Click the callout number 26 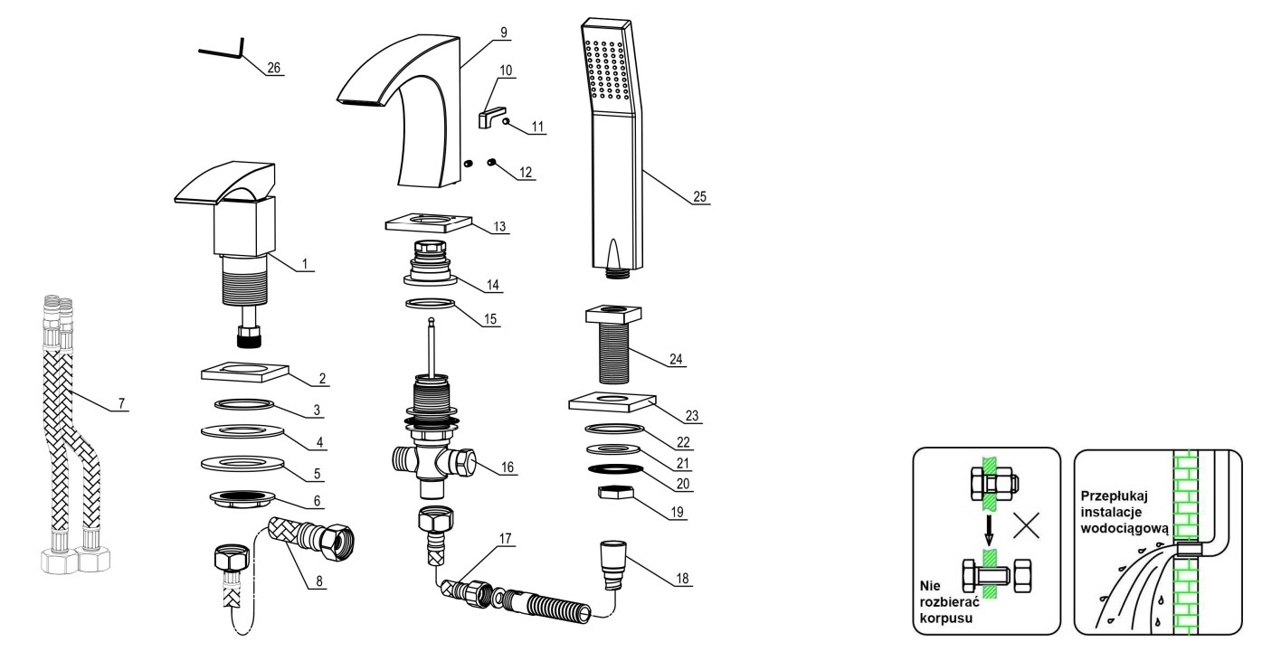tap(274, 68)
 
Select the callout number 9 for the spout tap(501, 33)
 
